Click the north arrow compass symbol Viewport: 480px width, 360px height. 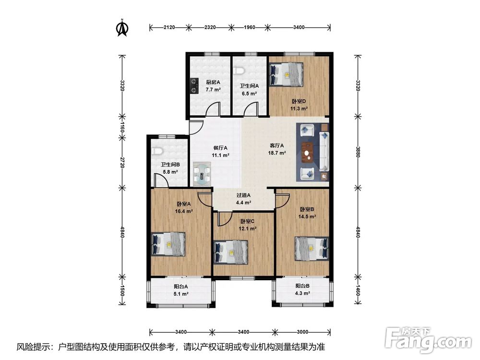pos(122,28)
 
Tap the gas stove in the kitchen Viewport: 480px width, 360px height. pos(193,86)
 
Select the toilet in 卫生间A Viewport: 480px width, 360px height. pos(240,72)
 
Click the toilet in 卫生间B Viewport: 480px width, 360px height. pos(157,151)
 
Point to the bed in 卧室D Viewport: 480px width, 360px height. pos(286,74)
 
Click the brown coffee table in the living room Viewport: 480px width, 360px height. pos(308,152)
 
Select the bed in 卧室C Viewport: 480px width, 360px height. pos(230,252)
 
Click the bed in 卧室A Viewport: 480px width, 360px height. pos(168,244)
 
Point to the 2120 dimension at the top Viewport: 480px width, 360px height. pos(169,27)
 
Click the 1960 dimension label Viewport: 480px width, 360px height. pos(250,27)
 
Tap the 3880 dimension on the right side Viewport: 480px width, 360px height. pos(358,151)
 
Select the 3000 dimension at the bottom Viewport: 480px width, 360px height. pos(302,332)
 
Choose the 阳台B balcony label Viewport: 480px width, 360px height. pos(302,286)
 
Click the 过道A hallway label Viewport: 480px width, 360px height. pos(244,195)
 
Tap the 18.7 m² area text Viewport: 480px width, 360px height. pos(277,153)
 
